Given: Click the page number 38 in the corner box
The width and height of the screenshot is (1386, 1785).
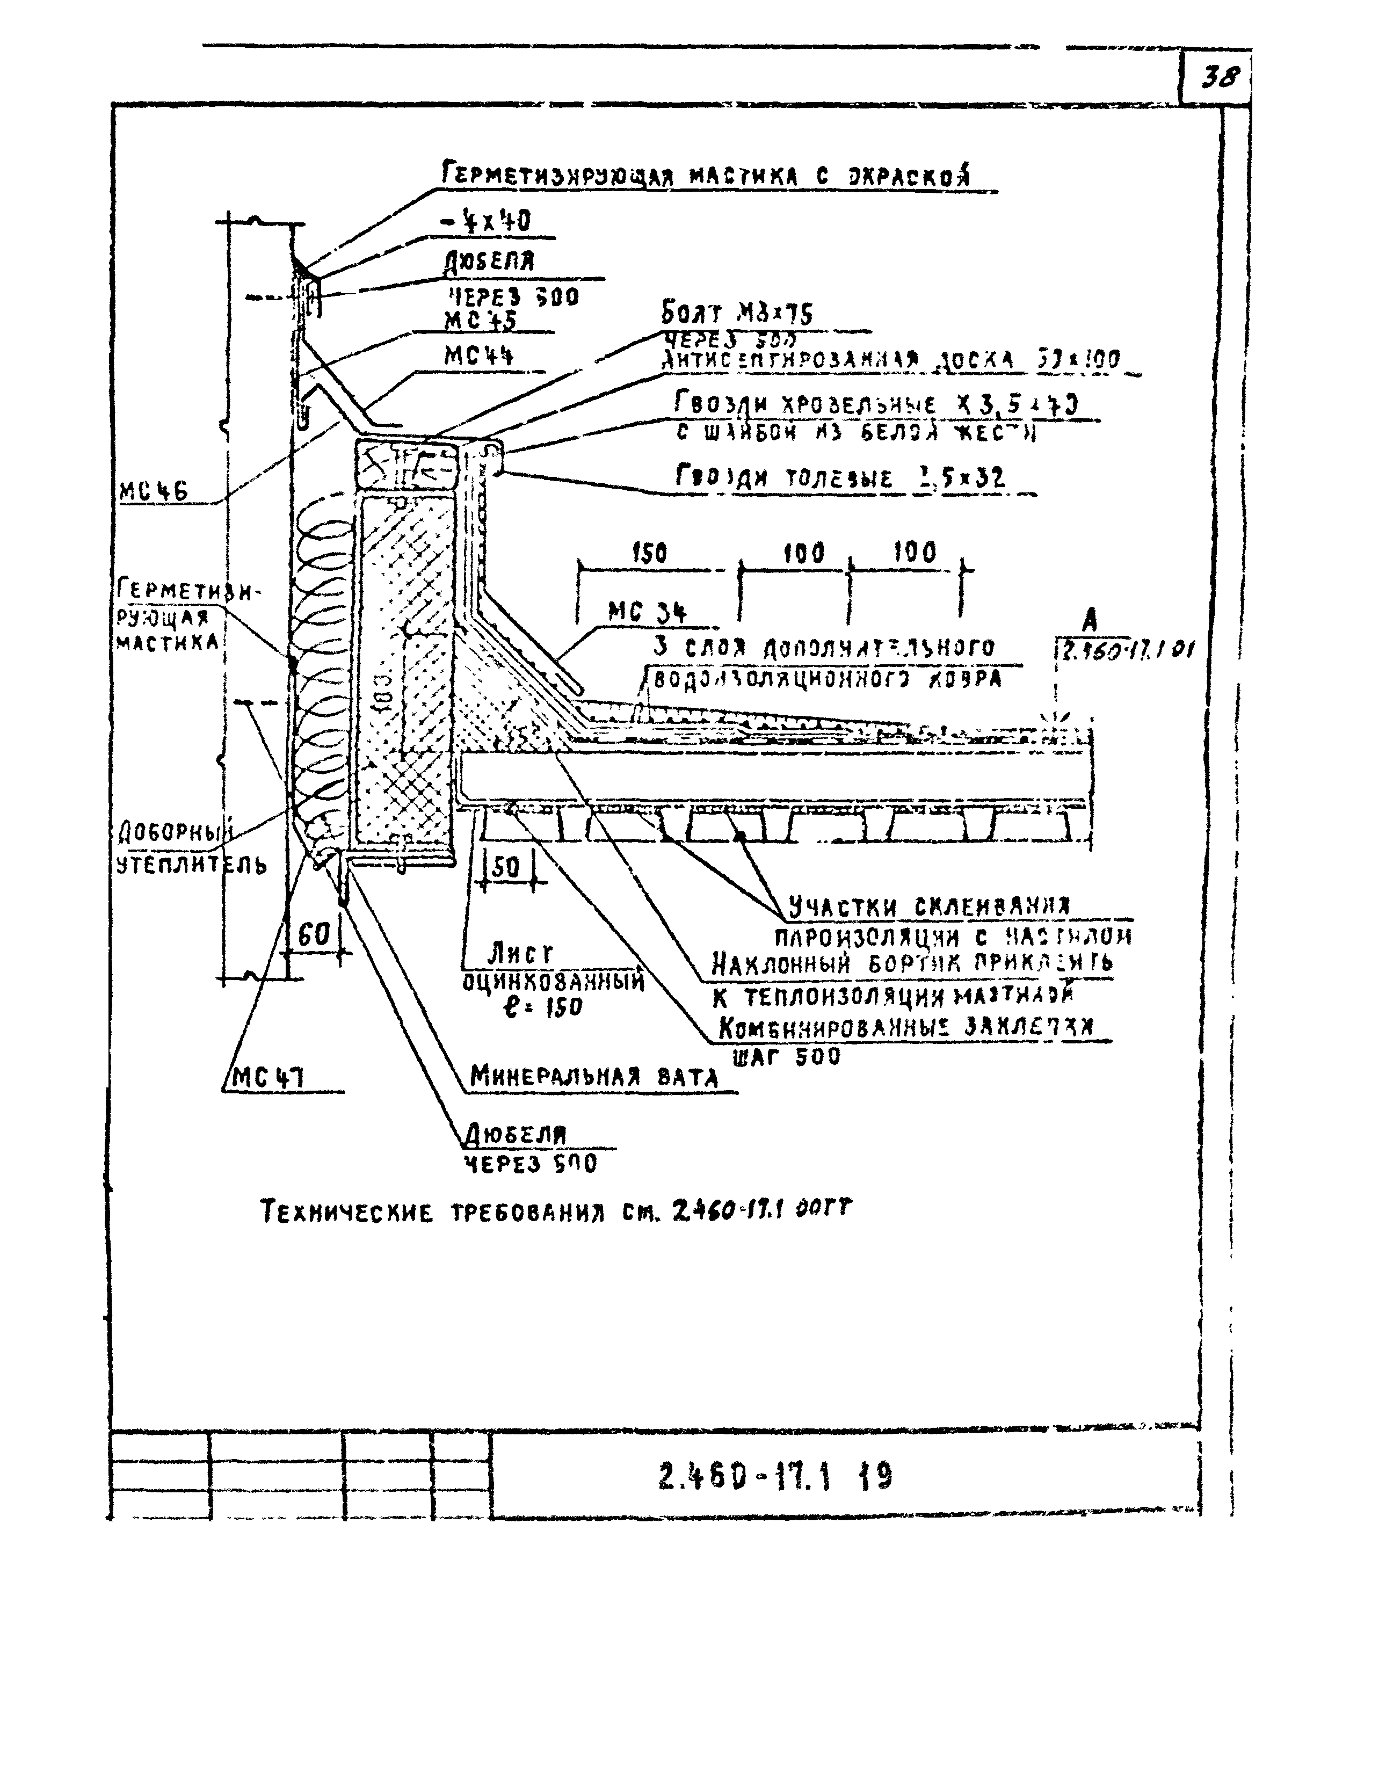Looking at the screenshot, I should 1218,80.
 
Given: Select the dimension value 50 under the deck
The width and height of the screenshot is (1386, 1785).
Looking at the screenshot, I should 507,868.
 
